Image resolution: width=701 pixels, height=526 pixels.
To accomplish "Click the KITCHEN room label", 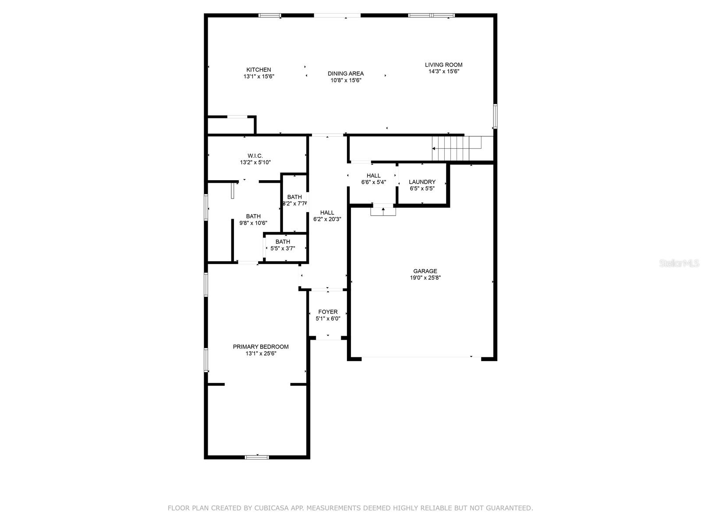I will tap(258, 70).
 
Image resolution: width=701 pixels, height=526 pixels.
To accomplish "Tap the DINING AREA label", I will tap(346, 74).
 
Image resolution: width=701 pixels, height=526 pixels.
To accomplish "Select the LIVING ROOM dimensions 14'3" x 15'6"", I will tap(443, 71).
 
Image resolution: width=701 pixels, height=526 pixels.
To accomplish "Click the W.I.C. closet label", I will tap(255, 156).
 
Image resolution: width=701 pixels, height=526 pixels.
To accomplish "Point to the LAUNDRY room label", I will tap(422, 182).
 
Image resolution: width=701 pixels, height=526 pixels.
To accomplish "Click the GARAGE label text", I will tap(425, 271).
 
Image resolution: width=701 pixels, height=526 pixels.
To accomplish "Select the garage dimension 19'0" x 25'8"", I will tap(425, 277).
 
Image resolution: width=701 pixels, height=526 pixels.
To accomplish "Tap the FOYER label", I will tap(328, 312).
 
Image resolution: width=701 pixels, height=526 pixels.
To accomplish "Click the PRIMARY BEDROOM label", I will tap(261, 347).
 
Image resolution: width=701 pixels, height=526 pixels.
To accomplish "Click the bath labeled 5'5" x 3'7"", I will tap(283, 245).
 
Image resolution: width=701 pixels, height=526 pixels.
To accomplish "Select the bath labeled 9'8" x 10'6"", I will tap(253, 219).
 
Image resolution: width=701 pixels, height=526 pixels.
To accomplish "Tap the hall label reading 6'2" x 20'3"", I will tap(327, 216).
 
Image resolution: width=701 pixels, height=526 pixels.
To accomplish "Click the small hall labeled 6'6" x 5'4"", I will tap(373, 179).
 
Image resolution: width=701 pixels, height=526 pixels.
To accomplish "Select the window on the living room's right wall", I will tap(495, 116).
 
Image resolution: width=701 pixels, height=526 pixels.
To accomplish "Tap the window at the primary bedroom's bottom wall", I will tap(257, 457).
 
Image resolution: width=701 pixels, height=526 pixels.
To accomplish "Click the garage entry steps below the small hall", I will tap(383, 211).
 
